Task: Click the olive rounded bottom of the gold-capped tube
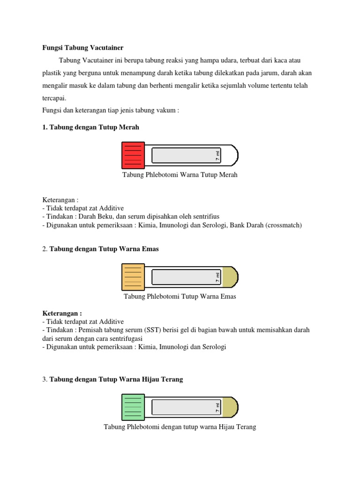pos(230,277)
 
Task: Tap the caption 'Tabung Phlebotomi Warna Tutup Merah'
pos(180,175)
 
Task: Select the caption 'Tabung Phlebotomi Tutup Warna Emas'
pos(180,297)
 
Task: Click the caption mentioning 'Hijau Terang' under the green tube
pos(180,427)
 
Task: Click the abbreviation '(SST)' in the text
pos(153,330)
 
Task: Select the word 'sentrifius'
pos(205,217)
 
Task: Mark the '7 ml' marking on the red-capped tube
pos(218,155)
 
